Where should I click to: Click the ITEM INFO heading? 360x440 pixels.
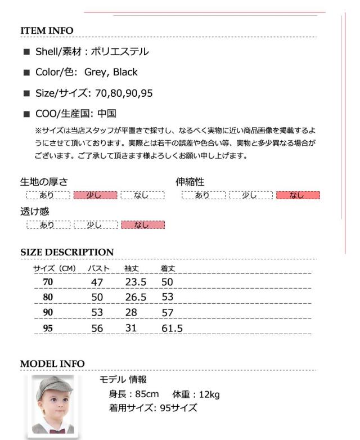coord(47,30)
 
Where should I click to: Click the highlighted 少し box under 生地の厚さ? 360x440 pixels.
coord(95,195)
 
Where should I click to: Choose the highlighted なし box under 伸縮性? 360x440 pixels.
coord(298,195)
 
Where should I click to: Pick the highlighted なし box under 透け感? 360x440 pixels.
coord(142,225)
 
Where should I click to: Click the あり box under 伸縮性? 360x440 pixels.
coord(202,195)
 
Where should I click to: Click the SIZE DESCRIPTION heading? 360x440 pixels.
coord(67,252)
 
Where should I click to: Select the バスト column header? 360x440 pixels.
coord(100,268)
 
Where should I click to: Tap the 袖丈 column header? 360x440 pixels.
coord(131,268)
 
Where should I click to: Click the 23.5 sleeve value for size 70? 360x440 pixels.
coord(136,282)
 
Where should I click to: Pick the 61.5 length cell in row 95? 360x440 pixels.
coord(172,328)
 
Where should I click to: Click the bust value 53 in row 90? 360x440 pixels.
coord(97,313)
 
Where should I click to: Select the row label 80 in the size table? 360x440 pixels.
coord(48,297)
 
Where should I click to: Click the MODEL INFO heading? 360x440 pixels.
coord(52,363)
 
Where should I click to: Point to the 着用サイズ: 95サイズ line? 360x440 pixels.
coord(152,408)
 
